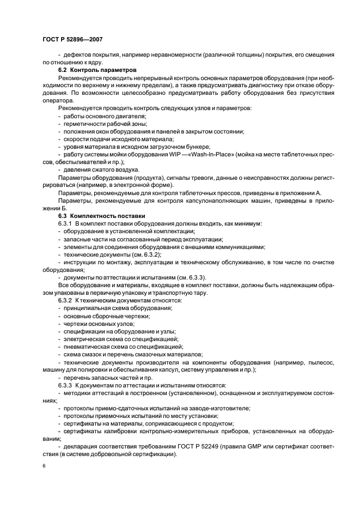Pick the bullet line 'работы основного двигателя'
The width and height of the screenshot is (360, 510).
[x=104, y=117]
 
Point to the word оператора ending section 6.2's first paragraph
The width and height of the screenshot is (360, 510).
[x=58, y=101]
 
